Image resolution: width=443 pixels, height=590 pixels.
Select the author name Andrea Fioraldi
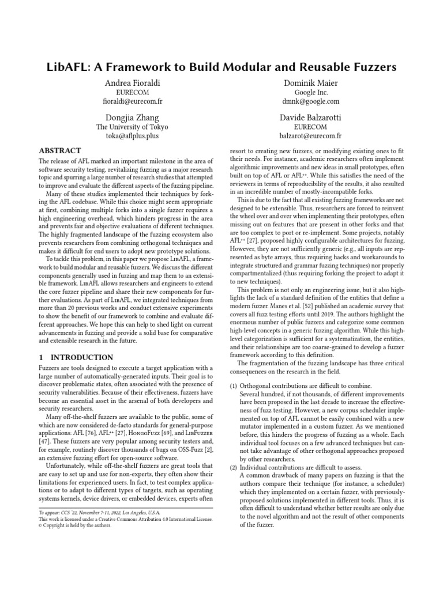tap(132, 84)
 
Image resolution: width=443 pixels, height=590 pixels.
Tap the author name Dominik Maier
tap(311, 84)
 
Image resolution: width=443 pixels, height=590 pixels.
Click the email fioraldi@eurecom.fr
tap(132, 101)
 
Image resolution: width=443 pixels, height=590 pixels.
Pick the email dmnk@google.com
tap(311, 101)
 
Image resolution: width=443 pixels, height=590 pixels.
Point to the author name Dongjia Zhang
tap(132, 118)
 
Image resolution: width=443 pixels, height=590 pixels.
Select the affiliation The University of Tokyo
tap(132, 127)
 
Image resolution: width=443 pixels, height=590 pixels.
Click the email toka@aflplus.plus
tap(132, 136)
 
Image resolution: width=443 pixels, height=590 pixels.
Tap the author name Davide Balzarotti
tap(311, 118)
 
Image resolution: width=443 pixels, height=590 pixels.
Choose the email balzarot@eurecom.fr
tap(311, 136)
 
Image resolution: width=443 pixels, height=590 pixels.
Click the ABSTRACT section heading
tap(60, 150)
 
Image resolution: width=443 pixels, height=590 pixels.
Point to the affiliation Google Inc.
tap(311, 92)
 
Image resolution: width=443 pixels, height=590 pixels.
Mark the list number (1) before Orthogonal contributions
tap(234, 385)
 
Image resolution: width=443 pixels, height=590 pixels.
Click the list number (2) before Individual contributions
tap(234, 466)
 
